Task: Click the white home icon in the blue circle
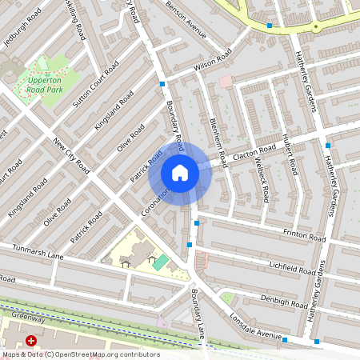pos(180,173)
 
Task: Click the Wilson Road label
pos(212,59)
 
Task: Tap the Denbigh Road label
pos(285,302)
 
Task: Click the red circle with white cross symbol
pos(32,340)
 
